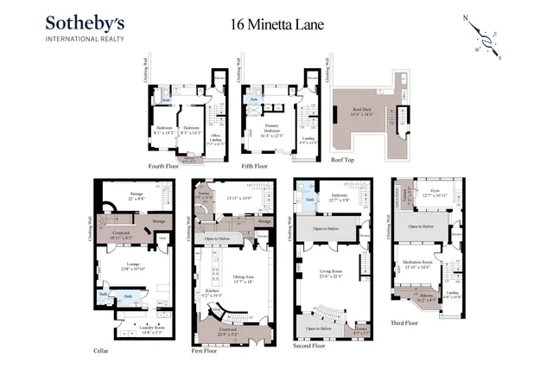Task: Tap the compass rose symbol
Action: [486, 39]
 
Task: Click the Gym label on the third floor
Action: [429, 194]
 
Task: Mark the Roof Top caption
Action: [342, 160]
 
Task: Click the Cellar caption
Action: [101, 350]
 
